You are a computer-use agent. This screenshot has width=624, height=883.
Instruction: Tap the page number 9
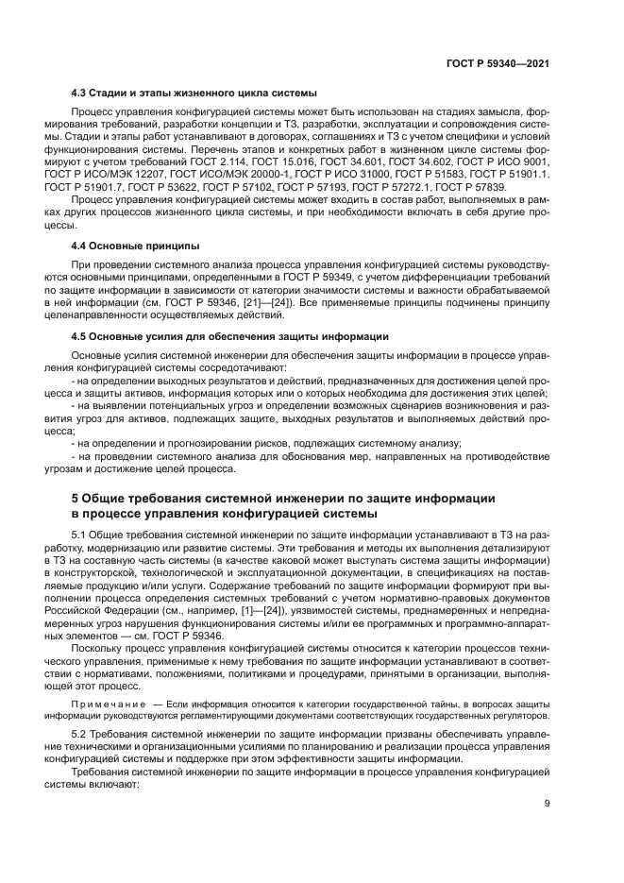pos(548,804)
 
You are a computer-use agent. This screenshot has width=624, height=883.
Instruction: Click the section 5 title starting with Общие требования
pos(281,497)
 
